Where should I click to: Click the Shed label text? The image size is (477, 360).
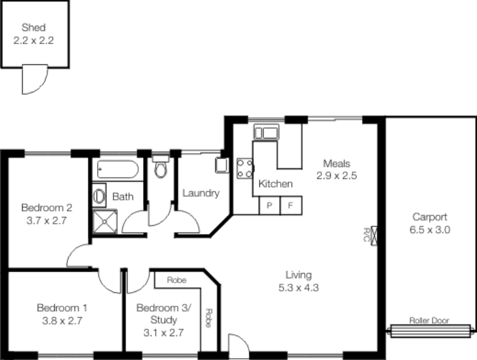tap(33, 27)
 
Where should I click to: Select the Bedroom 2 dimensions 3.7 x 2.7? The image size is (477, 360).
tap(47, 220)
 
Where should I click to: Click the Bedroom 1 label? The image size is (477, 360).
tap(62, 308)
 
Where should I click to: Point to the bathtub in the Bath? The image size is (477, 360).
tap(117, 169)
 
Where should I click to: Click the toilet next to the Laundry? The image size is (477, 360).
tap(160, 169)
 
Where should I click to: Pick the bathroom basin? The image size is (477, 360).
tap(99, 195)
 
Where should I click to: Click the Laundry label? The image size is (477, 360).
tap(201, 193)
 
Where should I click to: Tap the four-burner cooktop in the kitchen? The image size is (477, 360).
tap(245, 168)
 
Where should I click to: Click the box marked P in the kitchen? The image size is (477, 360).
tap(270, 206)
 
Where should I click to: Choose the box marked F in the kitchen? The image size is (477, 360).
tap(291, 206)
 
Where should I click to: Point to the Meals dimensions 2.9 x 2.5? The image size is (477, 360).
tap(336, 175)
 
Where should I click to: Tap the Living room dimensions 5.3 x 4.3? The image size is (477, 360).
tap(298, 287)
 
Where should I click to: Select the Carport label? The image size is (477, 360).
tap(429, 218)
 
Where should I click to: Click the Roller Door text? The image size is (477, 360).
tap(429, 320)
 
